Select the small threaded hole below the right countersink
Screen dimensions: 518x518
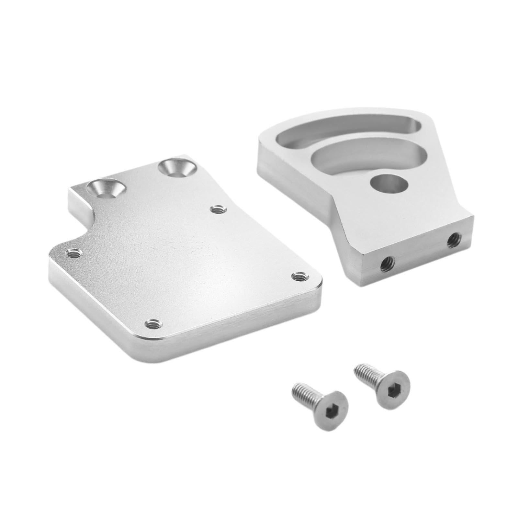click(x=216, y=209)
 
